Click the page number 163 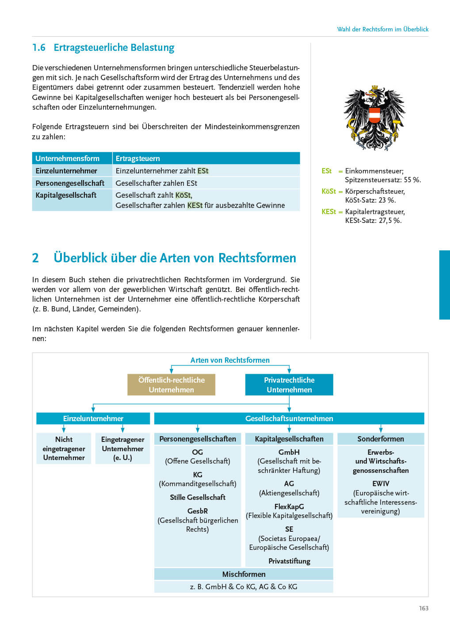pyautogui.click(x=423, y=608)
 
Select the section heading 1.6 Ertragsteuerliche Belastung pyautogui.click(x=103, y=48)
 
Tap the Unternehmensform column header pyautogui.click(x=68, y=158)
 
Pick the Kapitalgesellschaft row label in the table pyautogui.click(x=66, y=195)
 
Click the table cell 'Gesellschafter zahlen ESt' pyautogui.click(x=156, y=183)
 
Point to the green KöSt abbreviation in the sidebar pyautogui.click(x=328, y=192)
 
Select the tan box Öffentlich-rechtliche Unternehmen pyautogui.click(x=171, y=385)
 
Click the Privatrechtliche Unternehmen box pyautogui.click(x=289, y=385)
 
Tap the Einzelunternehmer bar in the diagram pyautogui.click(x=93, y=418)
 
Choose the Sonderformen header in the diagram pyautogui.click(x=381, y=439)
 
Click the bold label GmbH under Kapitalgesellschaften pyautogui.click(x=289, y=452)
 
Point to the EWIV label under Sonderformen pyautogui.click(x=381, y=484)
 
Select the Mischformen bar pyautogui.click(x=244, y=574)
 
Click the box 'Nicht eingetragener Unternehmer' pyautogui.click(x=64, y=449)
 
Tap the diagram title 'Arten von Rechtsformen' pyautogui.click(x=230, y=360)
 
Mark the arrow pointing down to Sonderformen pyautogui.click(x=381, y=429)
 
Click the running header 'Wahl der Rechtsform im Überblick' pyautogui.click(x=383, y=29)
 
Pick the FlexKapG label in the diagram pyautogui.click(x=289, y=507)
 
